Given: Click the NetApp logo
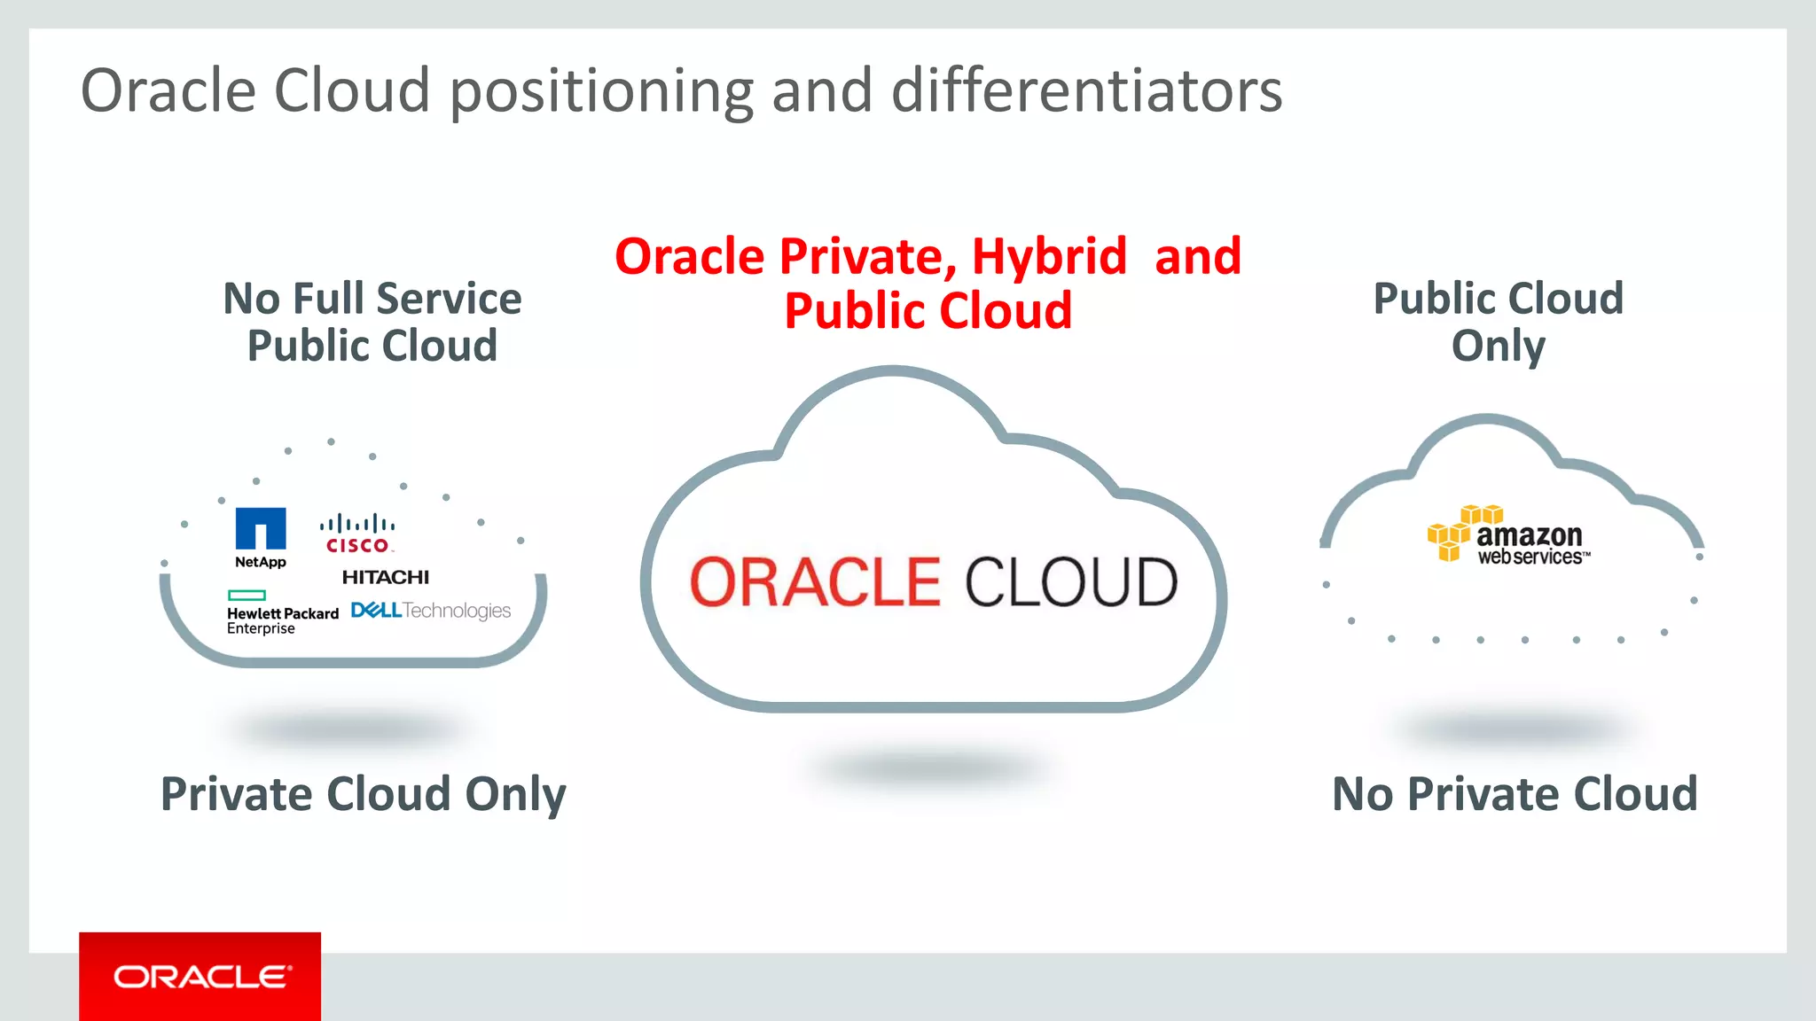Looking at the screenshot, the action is pos(261,537).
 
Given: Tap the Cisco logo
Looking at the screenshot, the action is pos(357,534).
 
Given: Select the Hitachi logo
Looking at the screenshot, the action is pos(386,577).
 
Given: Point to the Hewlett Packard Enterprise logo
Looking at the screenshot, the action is pos(282,613).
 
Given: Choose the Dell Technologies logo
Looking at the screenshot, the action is pos(431,611).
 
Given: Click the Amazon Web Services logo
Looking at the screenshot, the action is pos(1509,535).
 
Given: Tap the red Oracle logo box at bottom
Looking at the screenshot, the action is pos(200,976).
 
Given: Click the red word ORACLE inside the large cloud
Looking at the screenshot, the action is pos(815,582).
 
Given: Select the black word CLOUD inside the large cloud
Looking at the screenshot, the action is pos(1071,582).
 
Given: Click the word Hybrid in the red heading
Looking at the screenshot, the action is pos(1049,257).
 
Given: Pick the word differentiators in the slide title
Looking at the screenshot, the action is pos(1086,90).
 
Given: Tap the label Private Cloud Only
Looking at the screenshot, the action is pos(364,794).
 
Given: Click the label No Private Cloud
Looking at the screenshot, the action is pos(1515,794).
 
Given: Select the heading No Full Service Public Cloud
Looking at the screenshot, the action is pos(372,322).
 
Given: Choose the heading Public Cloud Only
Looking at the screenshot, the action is pos(1499,322).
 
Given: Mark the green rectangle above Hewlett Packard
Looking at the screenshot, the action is pos(247,596).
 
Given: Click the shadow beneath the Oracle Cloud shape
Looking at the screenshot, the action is pos(931,767).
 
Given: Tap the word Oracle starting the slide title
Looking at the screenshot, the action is pos(168,90).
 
